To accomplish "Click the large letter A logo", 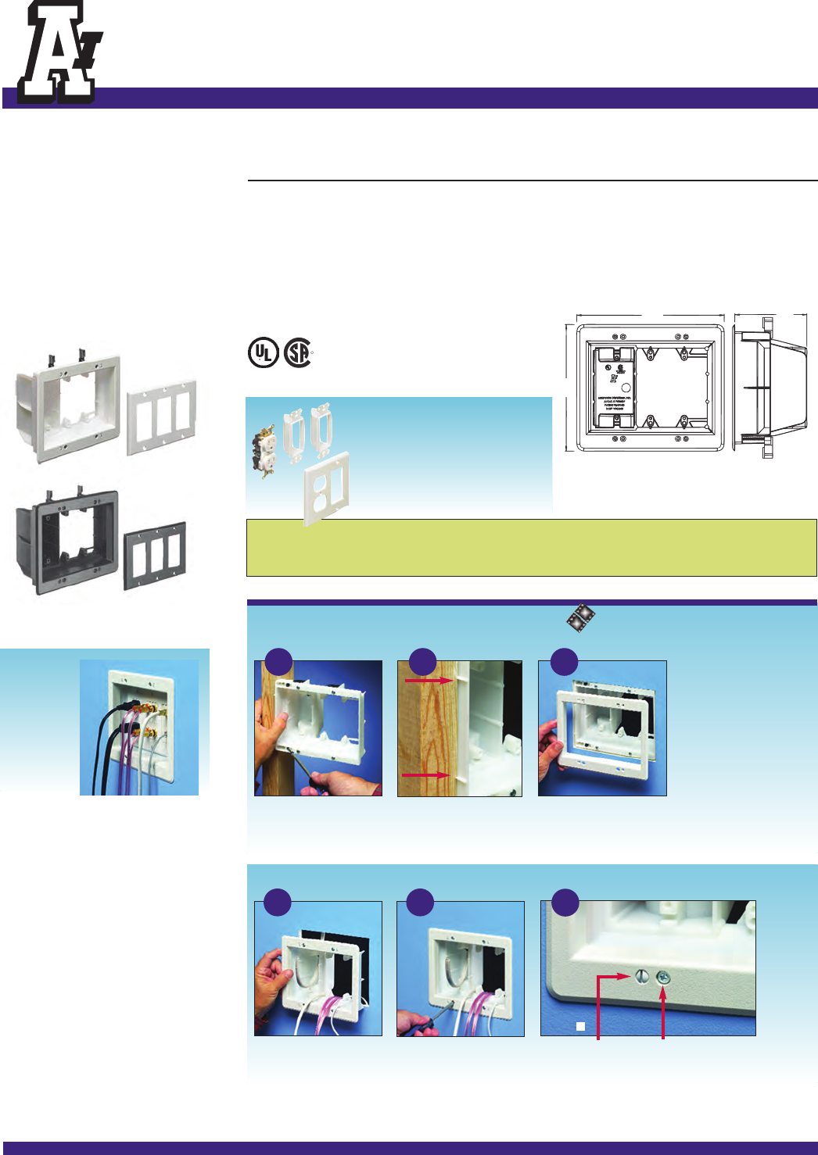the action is click(57, 53).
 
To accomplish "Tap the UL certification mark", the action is click(263, 352).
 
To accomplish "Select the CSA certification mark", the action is click(298, 352).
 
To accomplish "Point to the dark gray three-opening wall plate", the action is click(155, 555).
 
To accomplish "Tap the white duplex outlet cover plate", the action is click(326, 491).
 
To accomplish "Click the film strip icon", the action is click(580, 618).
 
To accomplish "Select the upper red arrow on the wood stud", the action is click(428, 681).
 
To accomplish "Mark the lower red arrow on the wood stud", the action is click(425, 775).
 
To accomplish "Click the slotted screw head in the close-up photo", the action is click(641, 975).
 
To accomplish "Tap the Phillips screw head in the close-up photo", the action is click(663, 976).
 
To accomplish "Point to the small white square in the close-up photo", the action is click(580, 1027).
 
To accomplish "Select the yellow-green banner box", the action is click(531, 547).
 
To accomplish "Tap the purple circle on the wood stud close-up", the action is click(422, 662).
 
